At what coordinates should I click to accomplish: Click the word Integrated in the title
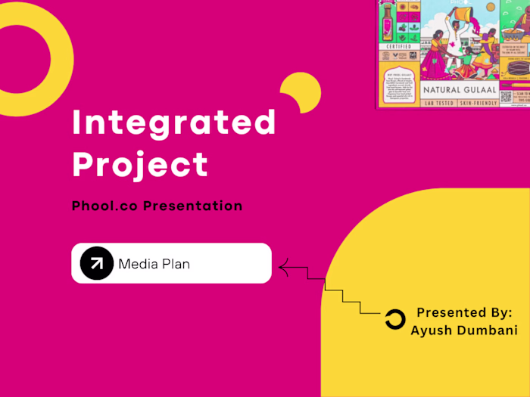click(174, 123)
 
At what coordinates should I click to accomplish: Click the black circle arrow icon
click(96, 263)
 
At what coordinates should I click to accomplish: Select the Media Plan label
click(154, 264)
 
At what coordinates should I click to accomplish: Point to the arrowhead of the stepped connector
click(283, 265)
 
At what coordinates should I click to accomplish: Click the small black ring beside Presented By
click(395, 320)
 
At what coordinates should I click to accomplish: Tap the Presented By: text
click(464, 312)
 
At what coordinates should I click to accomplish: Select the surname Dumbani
click(490, 330)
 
